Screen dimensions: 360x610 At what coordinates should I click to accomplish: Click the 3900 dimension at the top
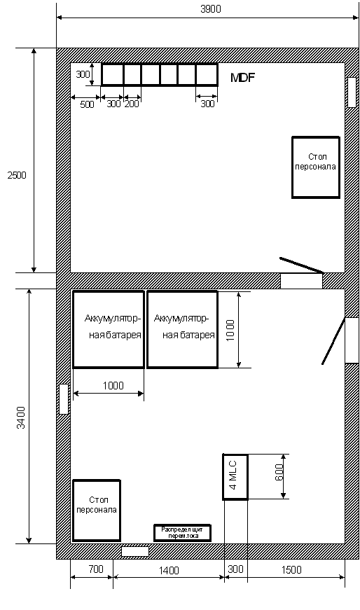tap(211, 9)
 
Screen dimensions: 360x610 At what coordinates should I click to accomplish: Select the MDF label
tap(242, 78)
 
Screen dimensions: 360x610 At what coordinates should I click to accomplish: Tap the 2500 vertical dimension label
tap(17, 175)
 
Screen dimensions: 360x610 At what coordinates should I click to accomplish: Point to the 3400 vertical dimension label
tap(21, 417)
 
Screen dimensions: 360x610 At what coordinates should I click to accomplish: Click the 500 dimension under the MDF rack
tap(87, 104)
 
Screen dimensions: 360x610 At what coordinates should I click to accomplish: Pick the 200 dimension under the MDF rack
tap(132, 104)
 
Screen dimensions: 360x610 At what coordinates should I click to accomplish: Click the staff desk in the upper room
tap(316, 167)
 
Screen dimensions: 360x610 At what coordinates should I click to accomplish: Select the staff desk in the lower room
tap(97, 510)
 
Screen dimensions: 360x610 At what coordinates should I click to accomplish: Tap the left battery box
tap(109, 329)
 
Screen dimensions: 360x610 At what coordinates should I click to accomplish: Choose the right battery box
tap(182, 329)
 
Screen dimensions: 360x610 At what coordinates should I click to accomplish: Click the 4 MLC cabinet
tap(235, 476)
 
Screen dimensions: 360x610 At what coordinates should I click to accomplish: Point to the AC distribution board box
tap(182, 532)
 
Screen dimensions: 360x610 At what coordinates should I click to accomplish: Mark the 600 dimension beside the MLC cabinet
tap(279, 472)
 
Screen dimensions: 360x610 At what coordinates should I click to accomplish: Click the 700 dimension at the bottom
tap(96, 569)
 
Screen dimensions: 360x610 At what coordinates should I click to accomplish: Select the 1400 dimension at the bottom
tap(169, 570)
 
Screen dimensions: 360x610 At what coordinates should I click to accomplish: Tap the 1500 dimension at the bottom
tap(291, 569)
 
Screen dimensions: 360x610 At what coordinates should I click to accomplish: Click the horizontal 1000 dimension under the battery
tap(113, 385)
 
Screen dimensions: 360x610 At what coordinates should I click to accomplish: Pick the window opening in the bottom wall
tap(135, 551)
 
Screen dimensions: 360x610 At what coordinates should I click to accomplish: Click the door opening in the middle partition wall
tap(302, 281)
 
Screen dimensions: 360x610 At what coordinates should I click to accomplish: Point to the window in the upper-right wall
tap(352, 92)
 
